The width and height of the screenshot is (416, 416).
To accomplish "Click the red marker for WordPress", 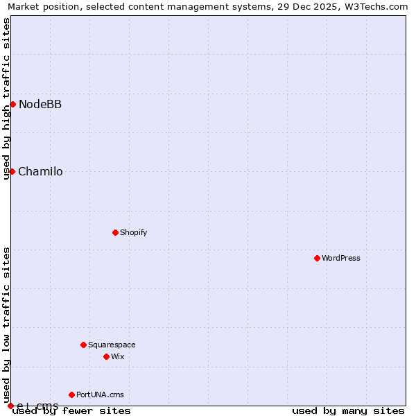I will (x=317, y=258).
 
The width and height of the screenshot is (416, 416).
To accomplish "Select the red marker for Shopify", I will (x=115, y=232).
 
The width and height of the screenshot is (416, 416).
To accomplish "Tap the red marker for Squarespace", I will (x=83, y=345).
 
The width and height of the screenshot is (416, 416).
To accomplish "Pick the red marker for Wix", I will (x=106, y=356).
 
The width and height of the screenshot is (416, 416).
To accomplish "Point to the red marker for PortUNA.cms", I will (x=71, y=395).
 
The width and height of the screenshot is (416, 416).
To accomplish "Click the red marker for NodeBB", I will (x=12, y=104).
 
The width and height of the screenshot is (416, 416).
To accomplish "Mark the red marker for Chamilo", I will (x=12, y=171).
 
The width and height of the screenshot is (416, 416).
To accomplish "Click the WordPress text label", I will (x=341, y=258).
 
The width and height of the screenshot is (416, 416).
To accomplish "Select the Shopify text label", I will (x=133, y=232).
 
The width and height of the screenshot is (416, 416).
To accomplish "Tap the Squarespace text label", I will (x=112, y=345).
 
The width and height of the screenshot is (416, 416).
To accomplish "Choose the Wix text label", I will (x=117, y=356).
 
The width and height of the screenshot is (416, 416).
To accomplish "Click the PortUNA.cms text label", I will (x=100, y=395).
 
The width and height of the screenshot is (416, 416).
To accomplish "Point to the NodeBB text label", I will (x=40, y=104).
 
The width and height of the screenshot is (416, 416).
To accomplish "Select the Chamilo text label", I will (x=40, y=171).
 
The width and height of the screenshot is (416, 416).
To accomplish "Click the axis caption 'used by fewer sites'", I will (x=71, y=410).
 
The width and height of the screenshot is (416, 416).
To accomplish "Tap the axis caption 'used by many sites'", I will (x=348, y=410).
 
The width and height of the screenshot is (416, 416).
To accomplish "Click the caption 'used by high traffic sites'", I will (x=6, y=98).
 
